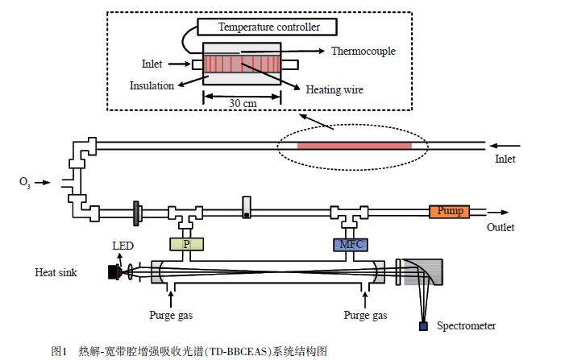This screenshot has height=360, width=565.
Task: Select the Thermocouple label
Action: [364, 51]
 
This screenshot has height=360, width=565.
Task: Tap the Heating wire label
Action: [334, 90]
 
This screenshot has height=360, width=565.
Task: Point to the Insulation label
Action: [152, 85]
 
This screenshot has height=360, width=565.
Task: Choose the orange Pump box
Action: [448, 212]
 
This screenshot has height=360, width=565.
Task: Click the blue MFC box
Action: [350, 243]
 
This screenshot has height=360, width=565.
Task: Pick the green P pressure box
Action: [186, 243]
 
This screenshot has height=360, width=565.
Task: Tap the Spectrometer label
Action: [466, 325]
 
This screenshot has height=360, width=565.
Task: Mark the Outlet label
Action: [501, 228]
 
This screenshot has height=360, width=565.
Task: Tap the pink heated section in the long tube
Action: [354, 145]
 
